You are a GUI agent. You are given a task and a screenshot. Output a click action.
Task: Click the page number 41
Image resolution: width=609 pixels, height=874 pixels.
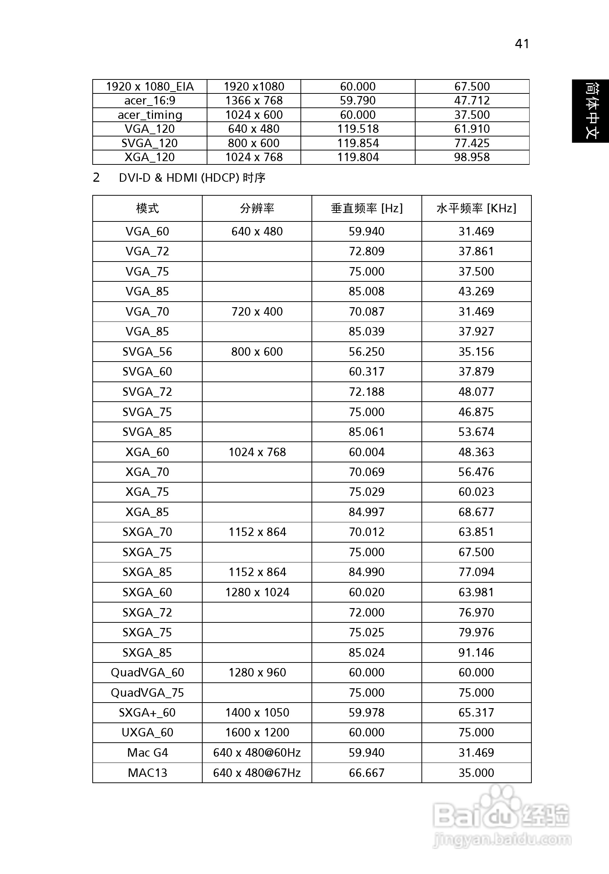[x=521, y=44]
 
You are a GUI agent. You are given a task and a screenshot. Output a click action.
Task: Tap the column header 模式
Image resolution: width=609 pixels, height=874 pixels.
[x=147, y=209]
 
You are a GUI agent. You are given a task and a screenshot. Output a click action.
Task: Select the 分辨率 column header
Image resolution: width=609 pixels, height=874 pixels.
[x=257, y=209]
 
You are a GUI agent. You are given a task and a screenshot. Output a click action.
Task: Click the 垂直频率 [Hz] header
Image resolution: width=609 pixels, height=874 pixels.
[x=367, y=209]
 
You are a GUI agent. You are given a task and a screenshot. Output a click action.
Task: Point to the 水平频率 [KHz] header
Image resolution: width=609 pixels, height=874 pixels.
[x=476, y=209]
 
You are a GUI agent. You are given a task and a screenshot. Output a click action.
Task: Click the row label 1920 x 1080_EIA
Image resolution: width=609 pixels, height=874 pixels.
[x=150, y=87]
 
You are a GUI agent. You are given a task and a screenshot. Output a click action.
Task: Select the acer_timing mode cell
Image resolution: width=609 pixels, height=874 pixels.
[x=150, y=115]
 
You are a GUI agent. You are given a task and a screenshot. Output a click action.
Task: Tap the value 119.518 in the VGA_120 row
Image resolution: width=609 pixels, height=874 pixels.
[x=358, y=129]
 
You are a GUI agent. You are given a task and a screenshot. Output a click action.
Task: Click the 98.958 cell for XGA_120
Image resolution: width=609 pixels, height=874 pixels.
[x=472, y=157]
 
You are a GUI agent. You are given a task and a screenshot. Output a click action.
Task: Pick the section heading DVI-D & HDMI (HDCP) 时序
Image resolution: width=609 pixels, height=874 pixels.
[x=192, y=178]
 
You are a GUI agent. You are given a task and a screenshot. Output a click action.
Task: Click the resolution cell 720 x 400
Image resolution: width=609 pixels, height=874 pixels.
[x=257, y=312]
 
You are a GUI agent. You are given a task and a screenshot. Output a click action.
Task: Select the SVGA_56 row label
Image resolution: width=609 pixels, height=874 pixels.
[x=147, y=352]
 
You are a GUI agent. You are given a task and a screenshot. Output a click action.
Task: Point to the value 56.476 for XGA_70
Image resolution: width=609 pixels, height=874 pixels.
[x=476, y=472]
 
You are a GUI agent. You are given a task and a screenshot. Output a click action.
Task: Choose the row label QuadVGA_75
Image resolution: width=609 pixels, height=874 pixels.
[x=147, y=692]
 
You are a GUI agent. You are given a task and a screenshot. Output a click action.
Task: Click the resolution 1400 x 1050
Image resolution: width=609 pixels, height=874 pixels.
[x=257, y=713]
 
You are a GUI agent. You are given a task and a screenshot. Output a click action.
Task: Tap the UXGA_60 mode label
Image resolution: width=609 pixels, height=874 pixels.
[x=147, y=732]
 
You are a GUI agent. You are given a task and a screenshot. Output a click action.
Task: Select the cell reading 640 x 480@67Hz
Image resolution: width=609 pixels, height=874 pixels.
[x=257, y=773]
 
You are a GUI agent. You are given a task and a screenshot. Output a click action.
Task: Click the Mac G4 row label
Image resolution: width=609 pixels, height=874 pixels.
[x=147, y=753]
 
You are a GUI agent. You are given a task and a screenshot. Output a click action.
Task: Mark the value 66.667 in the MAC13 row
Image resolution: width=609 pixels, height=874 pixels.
[x=367, y=773]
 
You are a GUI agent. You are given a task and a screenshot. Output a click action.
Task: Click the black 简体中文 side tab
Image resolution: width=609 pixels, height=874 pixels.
[x=590, y=111]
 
